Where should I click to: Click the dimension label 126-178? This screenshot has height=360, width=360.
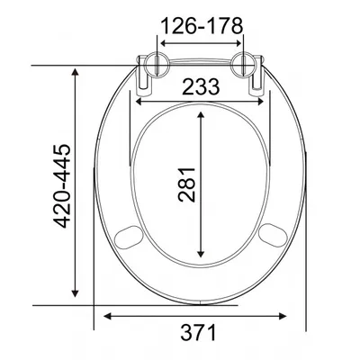click(202, 26)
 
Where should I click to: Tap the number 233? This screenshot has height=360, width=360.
click(202, 87)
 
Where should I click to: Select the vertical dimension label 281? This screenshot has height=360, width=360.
click(186, 184)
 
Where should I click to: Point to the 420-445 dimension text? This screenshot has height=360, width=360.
click(62, 186)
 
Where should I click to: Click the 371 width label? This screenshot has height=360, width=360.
click(198, 332)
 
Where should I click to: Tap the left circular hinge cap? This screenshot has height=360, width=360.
click(157, 64)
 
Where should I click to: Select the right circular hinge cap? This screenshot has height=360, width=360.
click(244, 64)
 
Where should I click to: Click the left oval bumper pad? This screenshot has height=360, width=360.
click(128, 237)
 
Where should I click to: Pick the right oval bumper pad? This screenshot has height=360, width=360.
click(273, 236)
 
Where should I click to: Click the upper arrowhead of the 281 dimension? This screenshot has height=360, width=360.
click(201, 115)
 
